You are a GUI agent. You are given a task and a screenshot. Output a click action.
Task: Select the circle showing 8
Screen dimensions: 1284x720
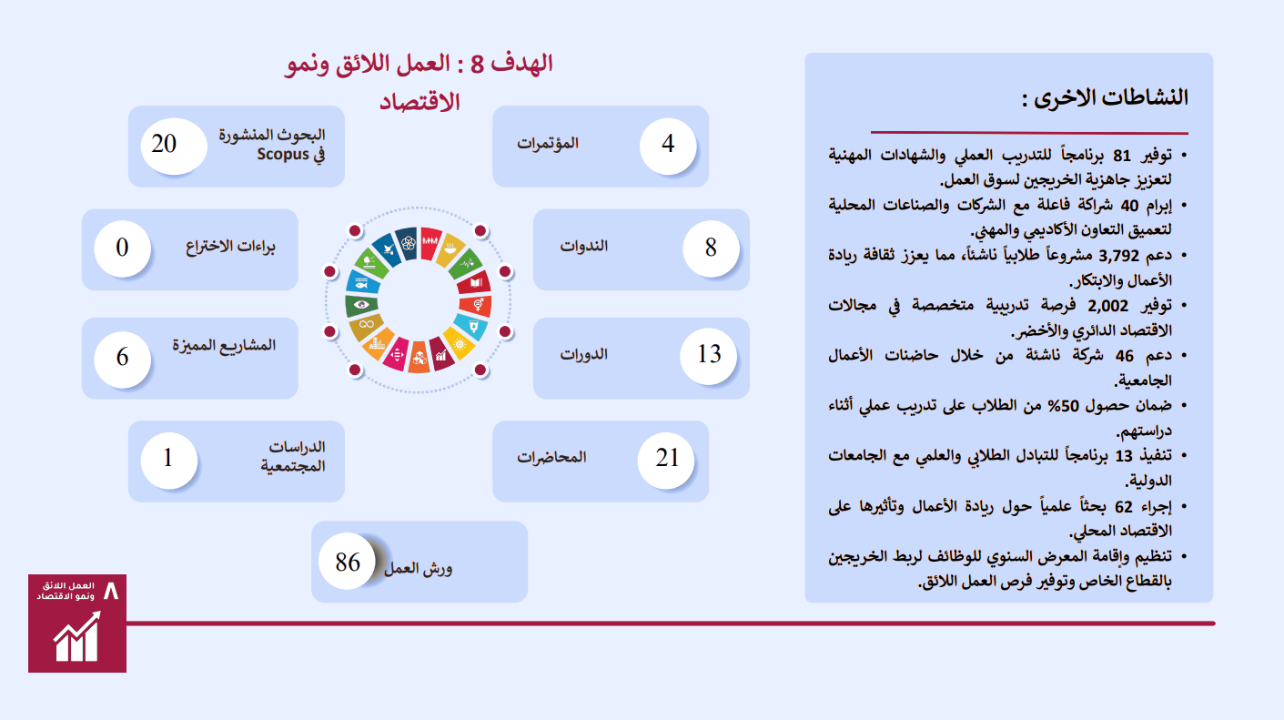pyautogui.click(x=711, y=248)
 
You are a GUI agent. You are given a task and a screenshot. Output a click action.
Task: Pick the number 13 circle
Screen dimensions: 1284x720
pyautogui.click(x=709, y=356)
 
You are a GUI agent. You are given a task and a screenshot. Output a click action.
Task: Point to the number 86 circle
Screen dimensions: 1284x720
pyautogui.click(x=348, y=562)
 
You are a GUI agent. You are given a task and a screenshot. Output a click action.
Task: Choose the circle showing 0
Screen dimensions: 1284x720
pyautogui.click(x=122, y=248)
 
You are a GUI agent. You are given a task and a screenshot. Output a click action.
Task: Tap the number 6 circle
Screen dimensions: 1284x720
pyautogui.click(x=122, y=359)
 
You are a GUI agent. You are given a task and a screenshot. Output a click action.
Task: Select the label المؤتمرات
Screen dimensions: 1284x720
pyautogui.click(x=548, y=143)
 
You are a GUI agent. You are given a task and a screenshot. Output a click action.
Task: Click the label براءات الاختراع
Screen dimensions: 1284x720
pyautogui.click(x=230, y=247)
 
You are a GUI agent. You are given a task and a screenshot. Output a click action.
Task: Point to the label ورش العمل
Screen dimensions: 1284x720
pyautogui.click(x=418, y=569)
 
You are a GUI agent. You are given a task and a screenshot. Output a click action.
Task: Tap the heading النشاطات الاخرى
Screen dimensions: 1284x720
pyautogui.click(x=1105, y=98)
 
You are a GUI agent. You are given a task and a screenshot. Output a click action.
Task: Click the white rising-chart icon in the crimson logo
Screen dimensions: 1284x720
pyautogui.click(x=76, y=636)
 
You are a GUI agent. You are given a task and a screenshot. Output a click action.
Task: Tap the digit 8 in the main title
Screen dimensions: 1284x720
pyautogui.click(x=478, y=65)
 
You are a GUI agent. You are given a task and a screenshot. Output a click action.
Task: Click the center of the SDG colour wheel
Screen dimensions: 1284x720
pyautogui.click(x=418, y=299)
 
